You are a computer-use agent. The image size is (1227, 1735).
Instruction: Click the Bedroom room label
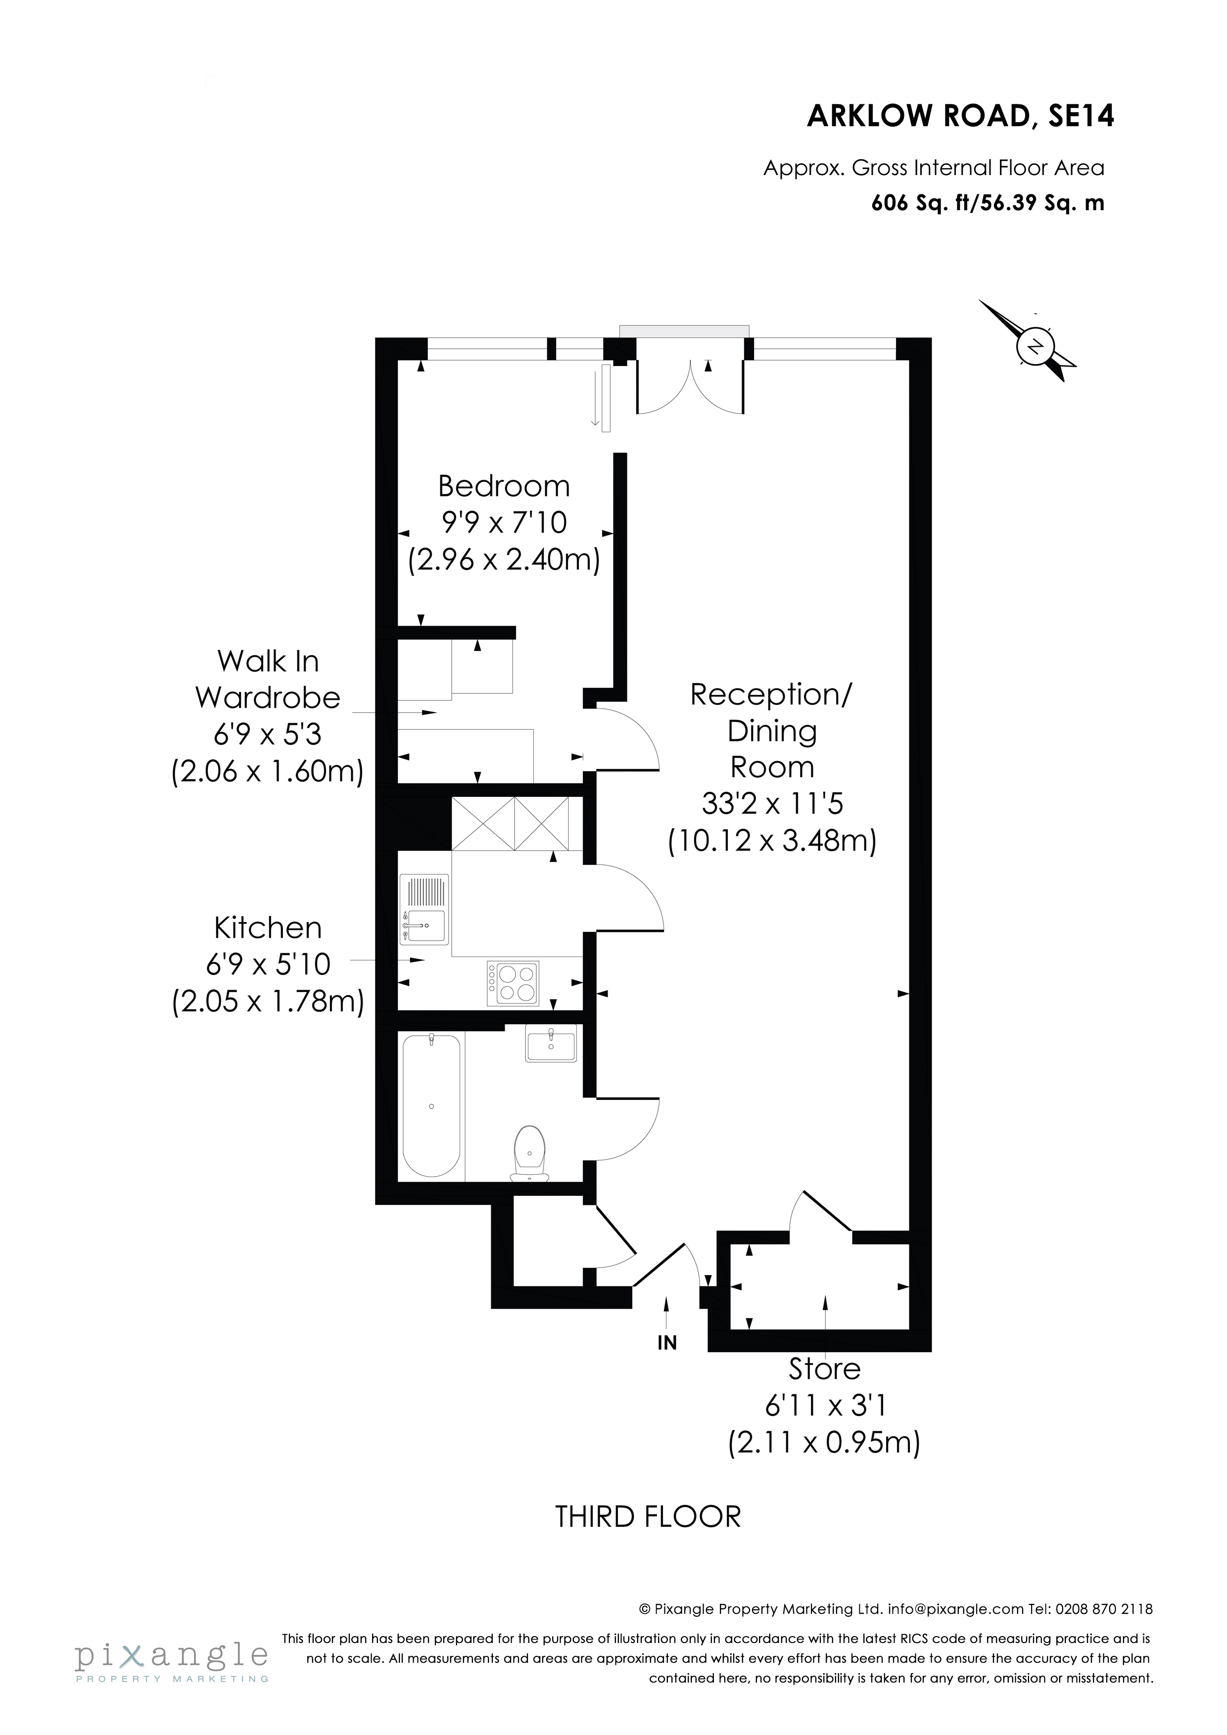pos(504,486)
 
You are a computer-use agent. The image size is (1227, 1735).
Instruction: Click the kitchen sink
pos(424,910)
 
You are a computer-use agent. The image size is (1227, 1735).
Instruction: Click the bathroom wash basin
pos(550,1045)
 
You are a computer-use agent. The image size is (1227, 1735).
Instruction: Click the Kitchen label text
pos(268,928)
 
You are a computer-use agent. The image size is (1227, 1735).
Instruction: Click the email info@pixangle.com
pos(955,1609)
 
